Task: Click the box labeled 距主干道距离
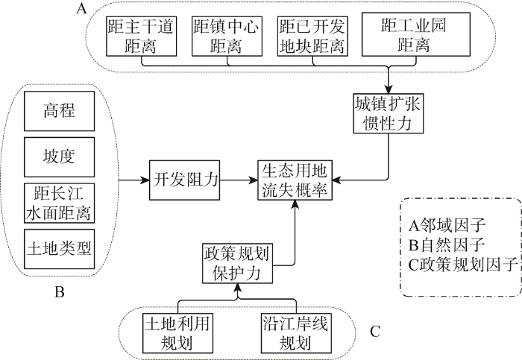(141, 37)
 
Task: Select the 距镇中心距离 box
(227, 37)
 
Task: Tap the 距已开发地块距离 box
(312, 37)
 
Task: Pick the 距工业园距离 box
(416, 34)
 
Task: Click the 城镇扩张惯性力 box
(389, 113)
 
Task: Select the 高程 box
(59, 111)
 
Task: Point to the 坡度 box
(59, 157)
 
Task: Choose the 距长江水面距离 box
(59, 203)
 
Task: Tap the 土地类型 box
(59, 249)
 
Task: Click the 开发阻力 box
(184, 180)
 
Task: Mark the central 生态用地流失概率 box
(295, 180)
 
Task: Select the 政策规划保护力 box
(237, 264)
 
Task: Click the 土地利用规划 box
(177, 333)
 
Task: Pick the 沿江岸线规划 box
(296, 333)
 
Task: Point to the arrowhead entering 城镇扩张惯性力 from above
(389, 89)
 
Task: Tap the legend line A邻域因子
(447, 226)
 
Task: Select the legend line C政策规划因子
(463, 265)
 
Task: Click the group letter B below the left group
(59, 292)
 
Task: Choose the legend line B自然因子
(447, 245)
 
